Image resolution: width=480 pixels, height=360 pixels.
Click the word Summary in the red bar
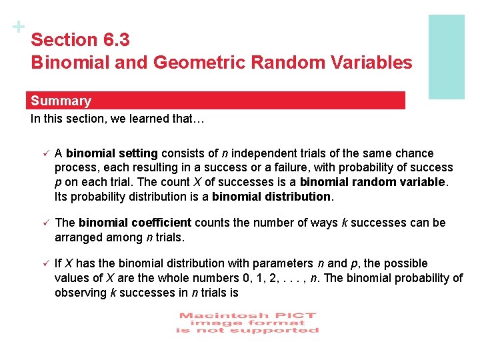pos(61,101)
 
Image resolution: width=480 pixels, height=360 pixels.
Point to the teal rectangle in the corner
pos(446,57)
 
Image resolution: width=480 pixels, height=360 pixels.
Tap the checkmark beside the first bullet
pos(43,153)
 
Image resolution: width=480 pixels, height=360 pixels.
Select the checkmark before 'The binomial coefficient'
pos(43,223)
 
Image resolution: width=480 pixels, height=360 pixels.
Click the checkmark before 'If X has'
pos(43,264)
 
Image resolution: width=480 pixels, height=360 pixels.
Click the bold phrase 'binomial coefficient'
pos(135,223)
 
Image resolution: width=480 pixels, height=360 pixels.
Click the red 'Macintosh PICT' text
pos(247,315)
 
